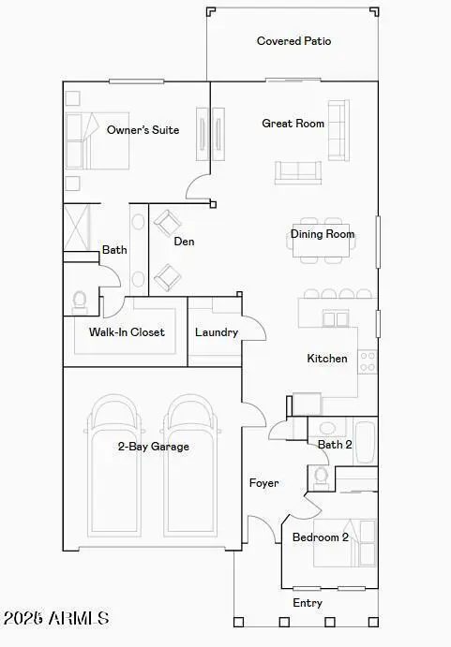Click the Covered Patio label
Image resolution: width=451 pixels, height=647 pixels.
coord(293,41)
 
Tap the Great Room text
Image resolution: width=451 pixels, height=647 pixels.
coord(293,124)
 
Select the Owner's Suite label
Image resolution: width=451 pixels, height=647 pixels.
coord(143,130)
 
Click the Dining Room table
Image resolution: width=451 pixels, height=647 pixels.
coord(322,241)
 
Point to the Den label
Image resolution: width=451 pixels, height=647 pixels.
coord(184,242)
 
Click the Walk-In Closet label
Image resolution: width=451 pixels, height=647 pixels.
coord(127,332)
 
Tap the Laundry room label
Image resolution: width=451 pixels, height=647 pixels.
coord(217,332)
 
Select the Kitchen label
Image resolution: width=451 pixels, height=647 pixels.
coord(327,359)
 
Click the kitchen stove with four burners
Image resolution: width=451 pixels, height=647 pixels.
coord(368,361)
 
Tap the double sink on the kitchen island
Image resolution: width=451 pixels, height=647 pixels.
coord(336,319)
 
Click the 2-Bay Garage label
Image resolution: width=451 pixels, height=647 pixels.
coord(154,447)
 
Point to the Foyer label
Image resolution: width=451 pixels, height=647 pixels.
coord(263,483)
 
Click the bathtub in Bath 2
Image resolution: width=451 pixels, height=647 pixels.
coord(365,442)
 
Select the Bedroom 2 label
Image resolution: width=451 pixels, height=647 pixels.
coord(321,537)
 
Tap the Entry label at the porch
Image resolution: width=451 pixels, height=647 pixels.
coord(308,603)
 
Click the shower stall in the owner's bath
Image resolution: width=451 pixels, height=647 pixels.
coord(77,228)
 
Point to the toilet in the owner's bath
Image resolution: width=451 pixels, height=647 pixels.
coord(79,303)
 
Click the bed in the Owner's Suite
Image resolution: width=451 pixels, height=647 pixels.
coord(98,140)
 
